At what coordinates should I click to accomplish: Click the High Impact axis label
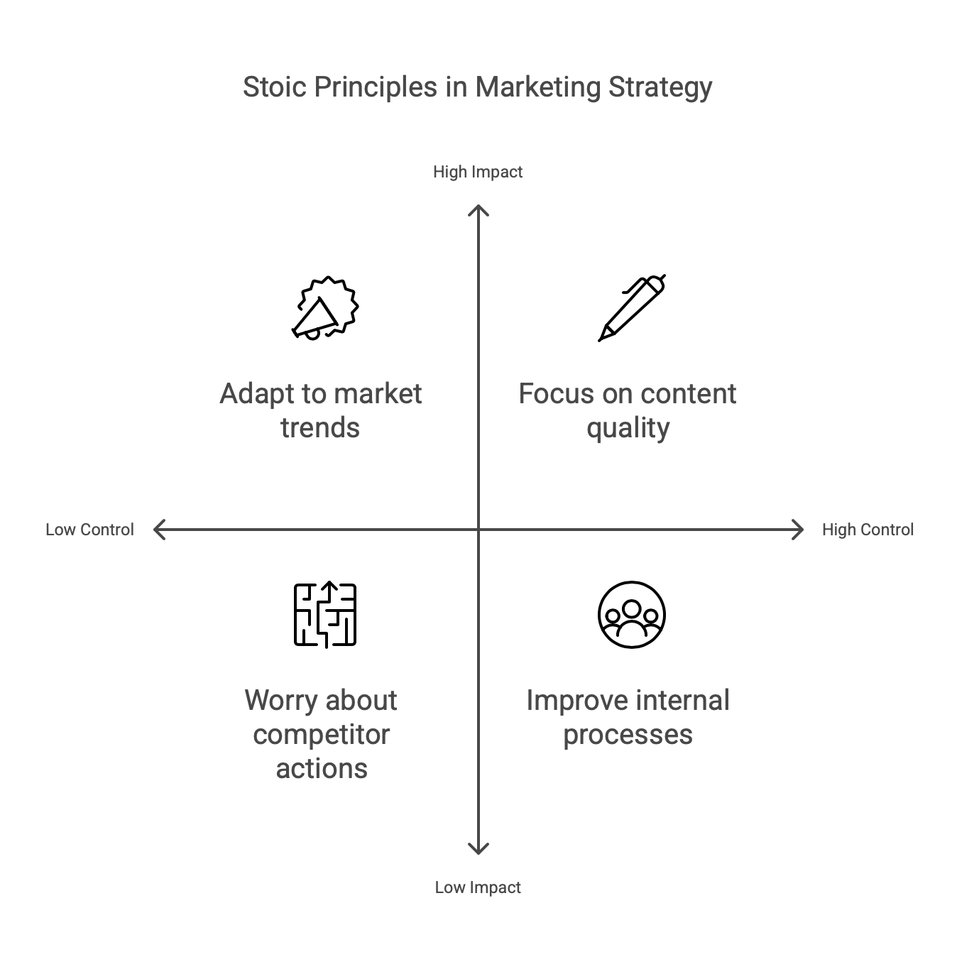(478, 173)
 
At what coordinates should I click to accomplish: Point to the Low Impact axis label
(478, 887)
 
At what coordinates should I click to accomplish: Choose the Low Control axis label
(89, 530)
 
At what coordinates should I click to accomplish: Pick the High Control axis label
(868, 530)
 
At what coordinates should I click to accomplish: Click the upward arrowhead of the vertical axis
(478, 208)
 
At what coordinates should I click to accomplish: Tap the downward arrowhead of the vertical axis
(478, 850)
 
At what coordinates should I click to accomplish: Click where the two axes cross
(478, 530)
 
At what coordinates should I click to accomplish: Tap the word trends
(320, 428)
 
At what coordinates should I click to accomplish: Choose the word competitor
(321, 735)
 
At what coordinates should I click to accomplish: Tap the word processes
(628, 735)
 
